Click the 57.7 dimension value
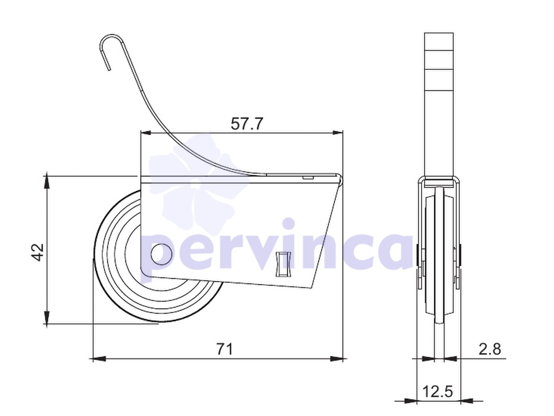247,123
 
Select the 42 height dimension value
38,252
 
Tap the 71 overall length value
225,349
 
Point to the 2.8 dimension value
490,349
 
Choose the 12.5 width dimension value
438,392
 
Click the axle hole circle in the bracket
161,255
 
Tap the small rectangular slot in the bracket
283,264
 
